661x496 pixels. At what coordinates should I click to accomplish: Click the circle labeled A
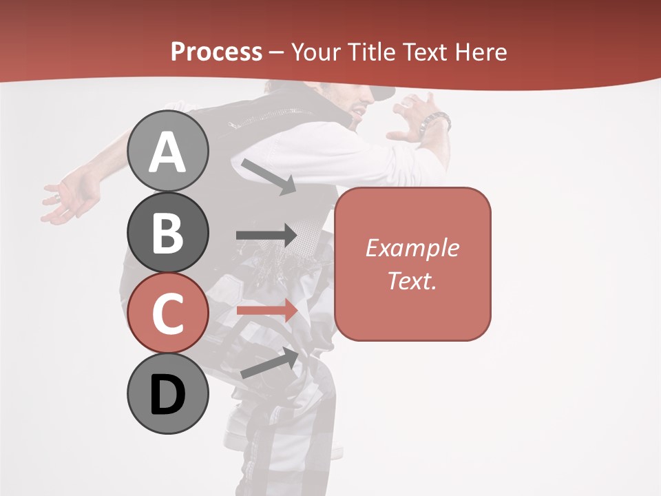[168, 151]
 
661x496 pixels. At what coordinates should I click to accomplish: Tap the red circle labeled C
[168, 313]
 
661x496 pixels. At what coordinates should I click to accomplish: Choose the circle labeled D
[168, 394]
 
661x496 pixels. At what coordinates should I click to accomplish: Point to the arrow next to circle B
[266, 236]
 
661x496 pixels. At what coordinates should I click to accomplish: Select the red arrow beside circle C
[266, 310]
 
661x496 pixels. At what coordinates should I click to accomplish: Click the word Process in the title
[216, 52]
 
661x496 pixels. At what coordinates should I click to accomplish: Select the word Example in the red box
[412, 248]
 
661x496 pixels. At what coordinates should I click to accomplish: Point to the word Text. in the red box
[412, 280]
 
